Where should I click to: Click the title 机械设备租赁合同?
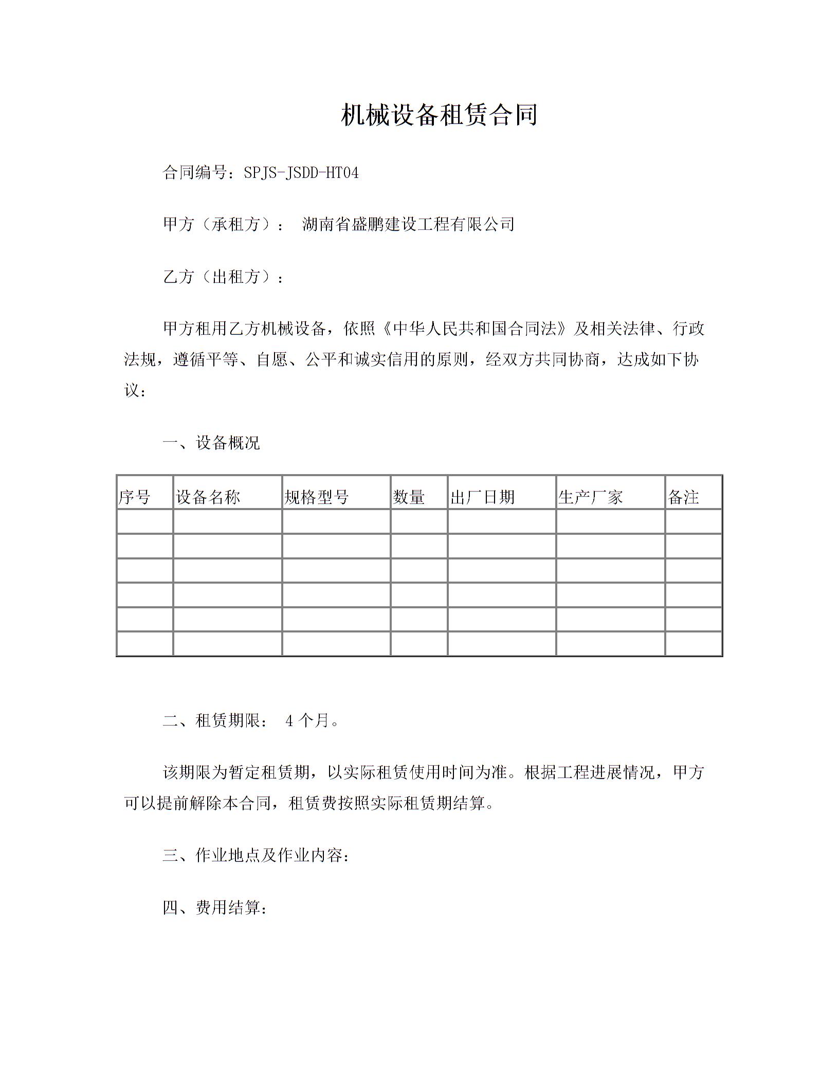point(439,115)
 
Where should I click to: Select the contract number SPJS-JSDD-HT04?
point(301,173)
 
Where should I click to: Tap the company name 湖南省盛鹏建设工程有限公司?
point(408,224)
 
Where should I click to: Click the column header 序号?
point(135,497)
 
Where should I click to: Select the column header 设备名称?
point(208,497)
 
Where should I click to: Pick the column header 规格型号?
point(317,497)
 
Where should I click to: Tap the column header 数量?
point(409,497)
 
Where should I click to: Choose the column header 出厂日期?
point(482,497)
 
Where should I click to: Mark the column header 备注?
point(683,497)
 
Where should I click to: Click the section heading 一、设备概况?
point(211,442)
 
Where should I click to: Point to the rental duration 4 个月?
point(307,721)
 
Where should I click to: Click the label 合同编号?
point(195,173)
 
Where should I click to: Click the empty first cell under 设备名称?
point(227,521)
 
